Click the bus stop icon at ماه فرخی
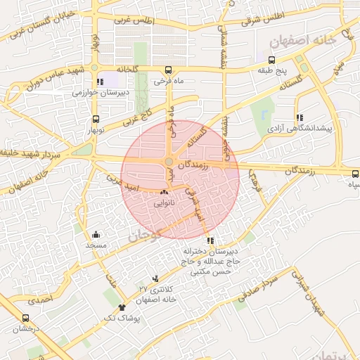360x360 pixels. click(x=168, y=70)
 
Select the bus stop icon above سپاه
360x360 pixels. click(x=354, y=172)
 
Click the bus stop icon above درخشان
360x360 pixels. click(x=25, y=318)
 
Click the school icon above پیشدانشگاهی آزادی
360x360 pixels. click(x=300, y=117)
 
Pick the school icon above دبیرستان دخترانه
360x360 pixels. click(x=211, y=241)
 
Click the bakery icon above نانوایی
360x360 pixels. click(x=165, y=191)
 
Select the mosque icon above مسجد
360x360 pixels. click(x=96, y=235)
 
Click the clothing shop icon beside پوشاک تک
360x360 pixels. click(x=122, y=308)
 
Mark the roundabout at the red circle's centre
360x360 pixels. click(x=169, y=163)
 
